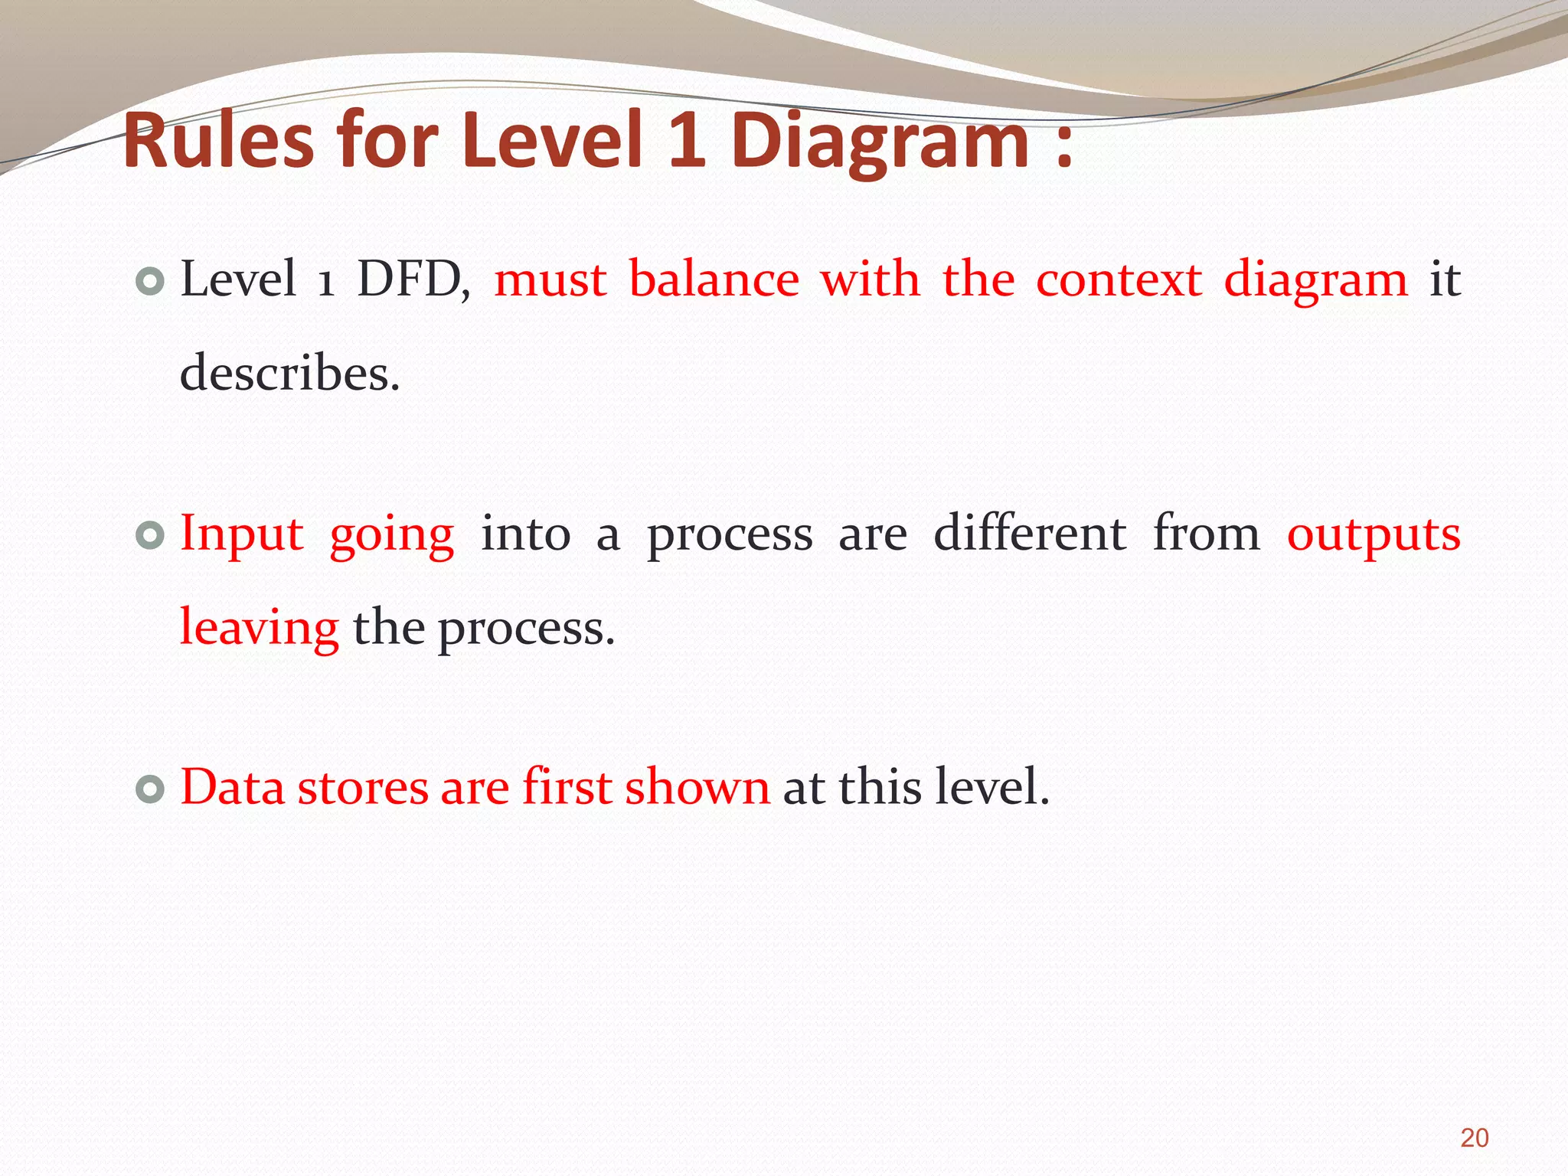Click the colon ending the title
[x=1063, y=145]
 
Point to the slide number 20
[x=1474, y=1138]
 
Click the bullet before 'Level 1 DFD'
[x=150, y=283]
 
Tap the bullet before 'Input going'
[x=150, y=536]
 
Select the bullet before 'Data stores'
[x=150, y=789]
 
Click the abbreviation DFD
[x=412, y=279]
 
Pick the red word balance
[x=714, y=279]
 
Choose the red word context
[x=1119, y=280]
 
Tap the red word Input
[x=242, y=535]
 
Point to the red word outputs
[x=1374, y=535]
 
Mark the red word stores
[x=363, y=788]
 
